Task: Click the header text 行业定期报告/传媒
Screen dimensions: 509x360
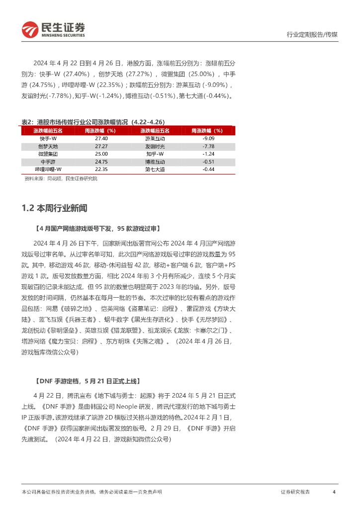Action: pyautogui.click(x=312, y=35)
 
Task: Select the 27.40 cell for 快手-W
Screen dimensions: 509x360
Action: pyautogui.click(x=101, y=139)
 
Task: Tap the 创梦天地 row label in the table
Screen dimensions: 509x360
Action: pyautogui.click(x=48, y=147)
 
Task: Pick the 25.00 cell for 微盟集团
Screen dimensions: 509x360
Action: pyautogui.click(x=101, y=154)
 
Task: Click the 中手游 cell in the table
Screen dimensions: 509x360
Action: pyautogui.click(x=48, y=162)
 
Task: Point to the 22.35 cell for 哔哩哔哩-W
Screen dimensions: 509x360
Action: pyautogui.click(x=101, y=170)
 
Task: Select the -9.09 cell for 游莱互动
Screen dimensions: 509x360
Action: pyautogui.click(x=208, y=139)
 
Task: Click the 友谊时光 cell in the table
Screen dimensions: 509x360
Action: pyautogui.click(x=155, y=147)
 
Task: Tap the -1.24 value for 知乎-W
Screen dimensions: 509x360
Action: pyautogui.click(x=208, y=154)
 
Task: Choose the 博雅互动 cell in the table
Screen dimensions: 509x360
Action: pyautogui.click(x=155, y=162)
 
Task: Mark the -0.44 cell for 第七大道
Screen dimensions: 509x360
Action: pyautogui.click(x=208, y=170)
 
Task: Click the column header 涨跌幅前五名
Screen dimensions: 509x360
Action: pyautogui.click(x=48, y=131)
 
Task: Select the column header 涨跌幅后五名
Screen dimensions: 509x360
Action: pyautogui.click(x=155, y=131)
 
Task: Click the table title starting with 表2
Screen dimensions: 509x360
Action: pyautogui.click(x=93, y=122)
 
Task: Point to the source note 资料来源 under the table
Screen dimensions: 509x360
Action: pyautogui.click(x=61, y=178)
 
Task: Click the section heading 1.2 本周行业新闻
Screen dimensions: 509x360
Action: pyautogui.click(x=55, y=208)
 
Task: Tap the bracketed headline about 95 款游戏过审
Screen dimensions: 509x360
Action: pyautogui.click(x=97, y=229)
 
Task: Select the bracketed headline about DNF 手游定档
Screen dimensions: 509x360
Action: pyautogui.click(x=88, y=381)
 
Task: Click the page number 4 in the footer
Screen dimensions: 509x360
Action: pyautogui.click(x=334, y=492)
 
